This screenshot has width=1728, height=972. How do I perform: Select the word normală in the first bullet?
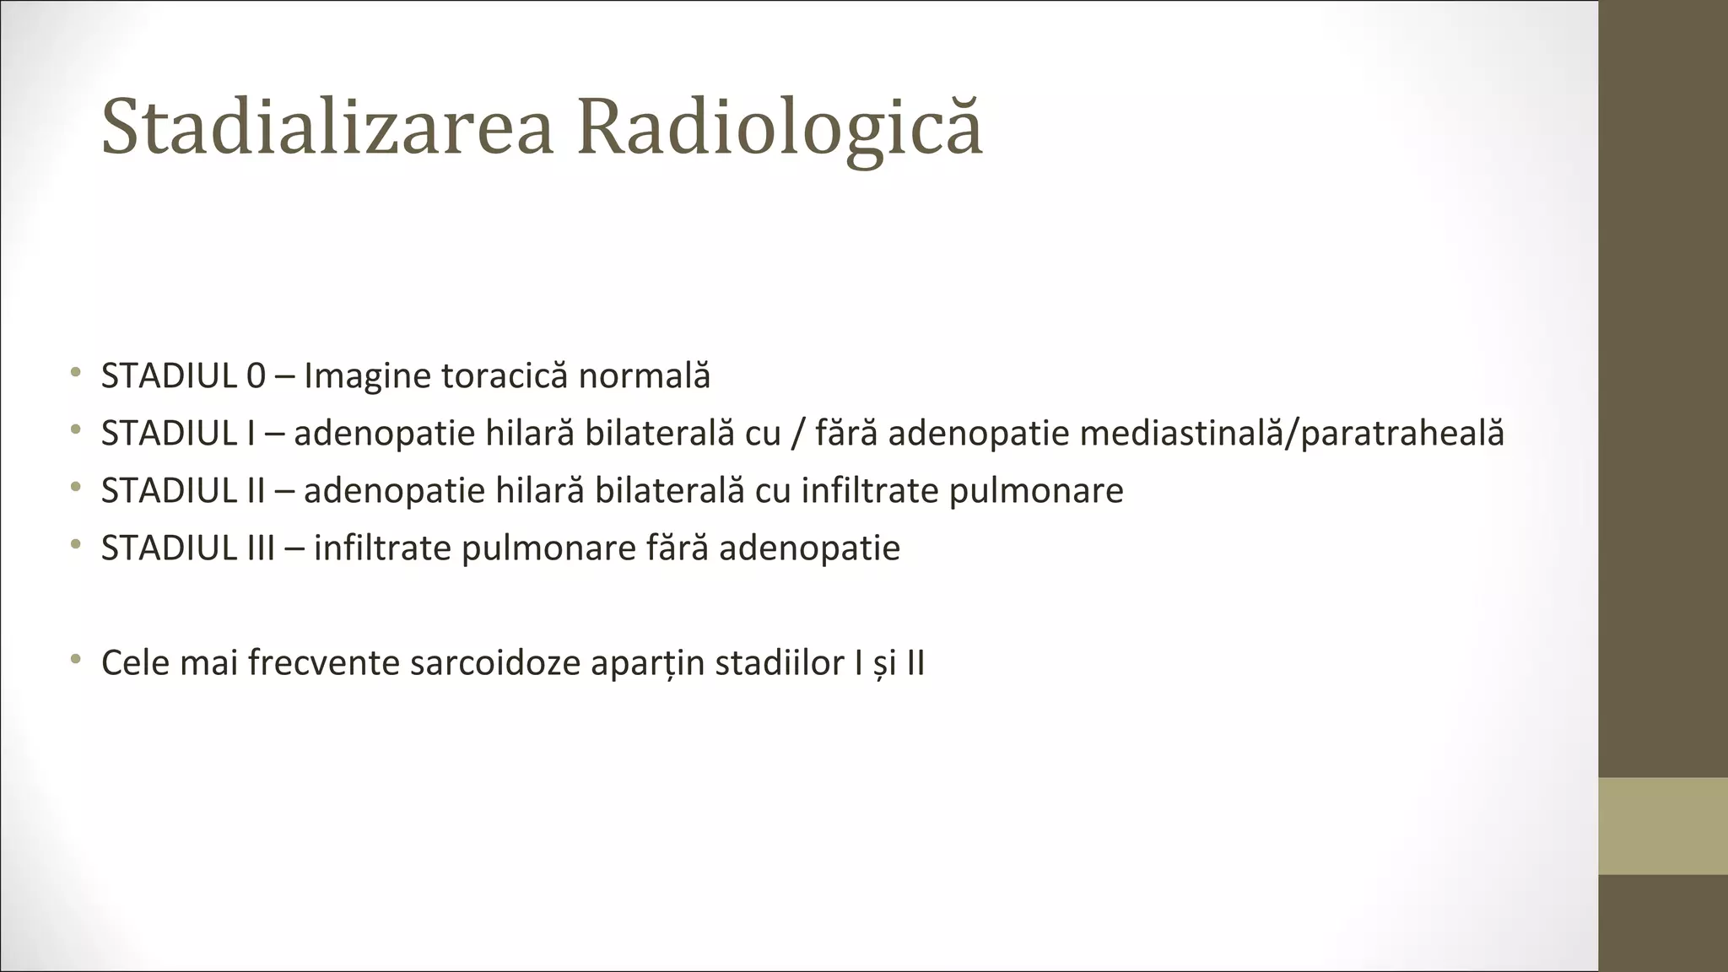pos(644,376)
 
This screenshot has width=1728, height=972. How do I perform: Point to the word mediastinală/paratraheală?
pos(1292,434)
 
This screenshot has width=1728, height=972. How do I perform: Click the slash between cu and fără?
pos(797,434)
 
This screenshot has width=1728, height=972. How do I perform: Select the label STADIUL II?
pos(183,491)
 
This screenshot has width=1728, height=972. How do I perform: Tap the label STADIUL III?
pos(188,548)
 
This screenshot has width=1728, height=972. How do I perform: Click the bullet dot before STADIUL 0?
pos(76,373)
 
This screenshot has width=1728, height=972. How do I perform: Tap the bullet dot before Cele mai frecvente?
pos(76,659)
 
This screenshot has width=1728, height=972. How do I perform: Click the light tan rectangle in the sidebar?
pos(1662,825)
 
